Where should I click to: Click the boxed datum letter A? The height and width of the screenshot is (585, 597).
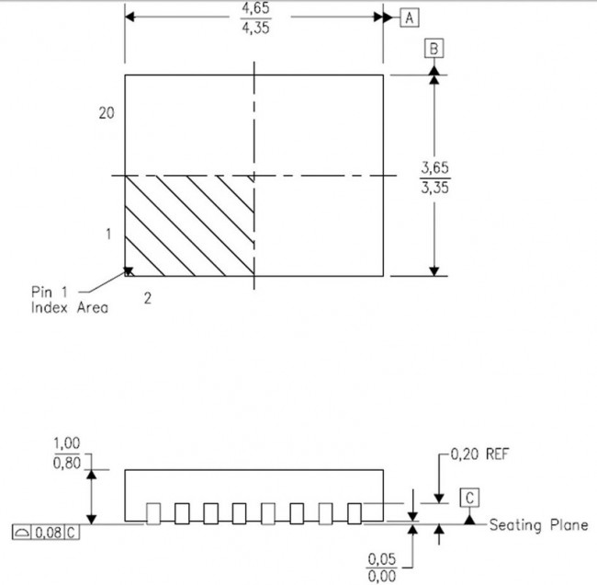(410, 17)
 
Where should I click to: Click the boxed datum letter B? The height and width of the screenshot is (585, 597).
(434, 49)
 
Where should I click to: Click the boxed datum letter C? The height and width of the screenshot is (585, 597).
(470, 499)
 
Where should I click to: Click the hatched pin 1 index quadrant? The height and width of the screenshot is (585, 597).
(189, 224)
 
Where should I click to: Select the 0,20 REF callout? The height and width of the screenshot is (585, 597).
(479, 454)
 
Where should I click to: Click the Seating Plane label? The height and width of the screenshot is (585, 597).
(538, 525)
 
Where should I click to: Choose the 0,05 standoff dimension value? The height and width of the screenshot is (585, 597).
(381, 558)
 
